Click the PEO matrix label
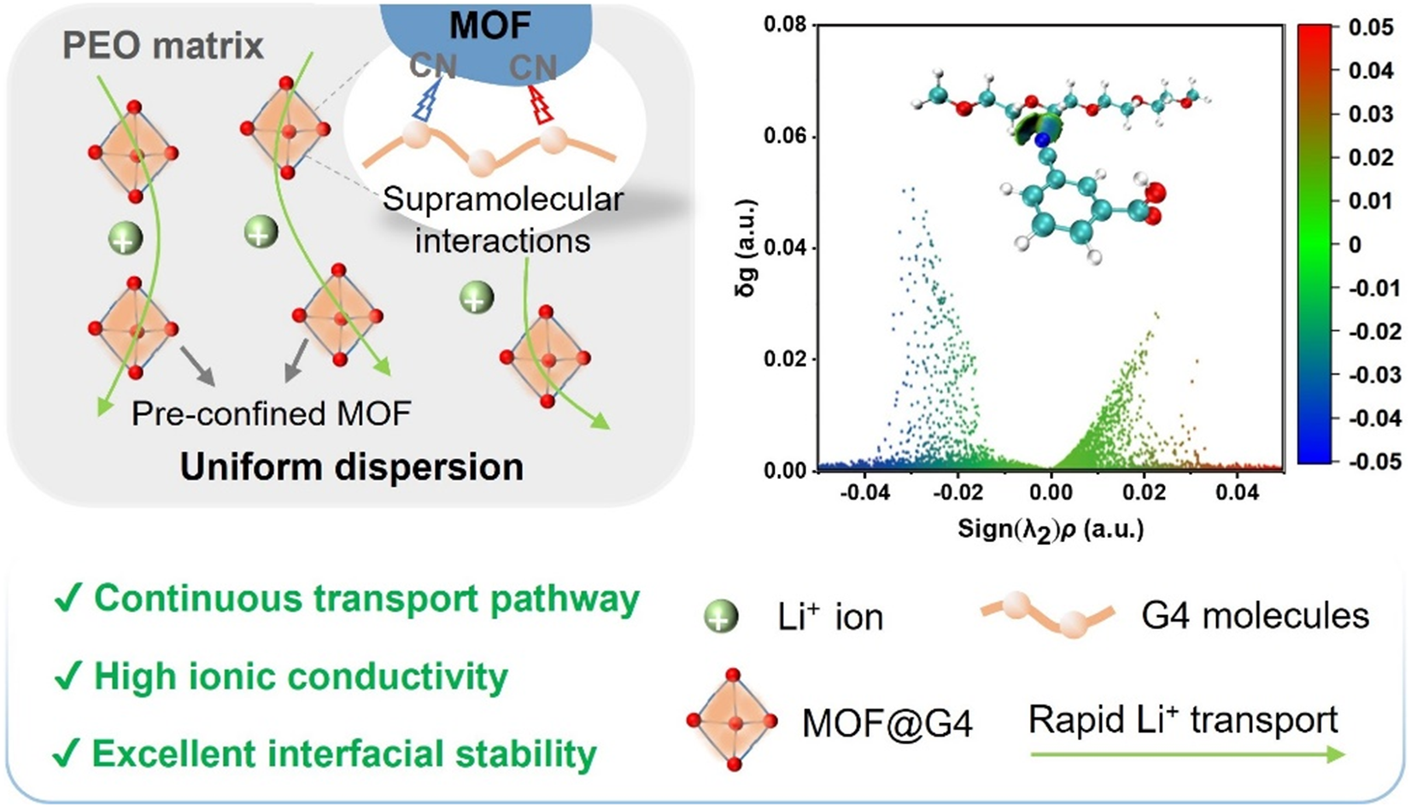(162, 47)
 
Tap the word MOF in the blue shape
(490, 26)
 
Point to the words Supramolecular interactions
(503, 219)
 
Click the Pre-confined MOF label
(271, 414)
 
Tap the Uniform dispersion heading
(352, 467)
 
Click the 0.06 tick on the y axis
(785, 136)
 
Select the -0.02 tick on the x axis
(957, 493)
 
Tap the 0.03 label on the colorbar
(1371, 114)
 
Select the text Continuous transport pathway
(366, 599)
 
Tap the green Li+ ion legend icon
(721, 617)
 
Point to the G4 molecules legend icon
(1047, 614)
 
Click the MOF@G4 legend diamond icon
(733, 720)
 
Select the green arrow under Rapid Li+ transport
(1187, 754)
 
